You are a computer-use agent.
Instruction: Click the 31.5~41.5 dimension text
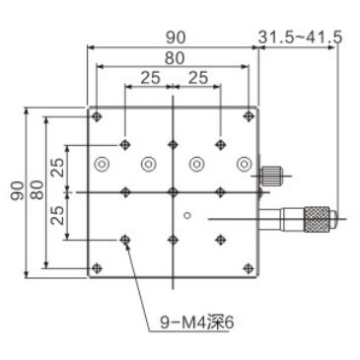click(301, 37)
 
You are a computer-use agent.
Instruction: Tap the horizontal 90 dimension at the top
click(173, 37)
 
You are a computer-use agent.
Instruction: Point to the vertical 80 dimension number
click(36, 190)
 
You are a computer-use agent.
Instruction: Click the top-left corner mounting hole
click(97, 116)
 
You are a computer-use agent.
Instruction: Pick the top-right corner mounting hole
click(249, 116)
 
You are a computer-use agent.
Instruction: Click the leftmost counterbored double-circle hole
click(103, 164)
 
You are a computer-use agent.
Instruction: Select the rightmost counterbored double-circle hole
click(244, 164)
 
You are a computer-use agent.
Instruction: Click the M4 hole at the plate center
click(173, 190)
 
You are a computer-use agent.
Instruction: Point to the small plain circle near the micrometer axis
click(187, 214)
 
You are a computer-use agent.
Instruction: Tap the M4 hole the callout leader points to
click(124, 240)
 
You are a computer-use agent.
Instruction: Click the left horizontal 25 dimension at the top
click(148, 77)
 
